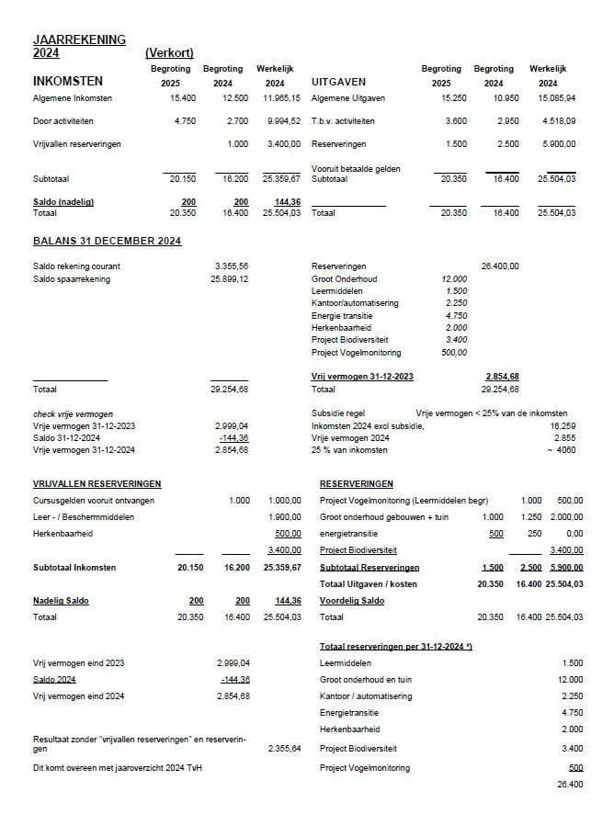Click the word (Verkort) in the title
(169, 53)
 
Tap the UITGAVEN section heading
(339, 82)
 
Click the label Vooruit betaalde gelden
(356, 169)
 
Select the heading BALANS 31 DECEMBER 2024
(107, 242)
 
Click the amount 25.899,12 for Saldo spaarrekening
(228, 279)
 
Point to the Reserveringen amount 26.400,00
(499, 266)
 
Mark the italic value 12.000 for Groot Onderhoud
(454, 279)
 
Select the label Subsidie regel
(338, 414)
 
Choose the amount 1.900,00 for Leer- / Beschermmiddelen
(284, 517)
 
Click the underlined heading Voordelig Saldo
(352, 601)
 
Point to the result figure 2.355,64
(284, 749)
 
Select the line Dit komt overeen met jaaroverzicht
(117, 768)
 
